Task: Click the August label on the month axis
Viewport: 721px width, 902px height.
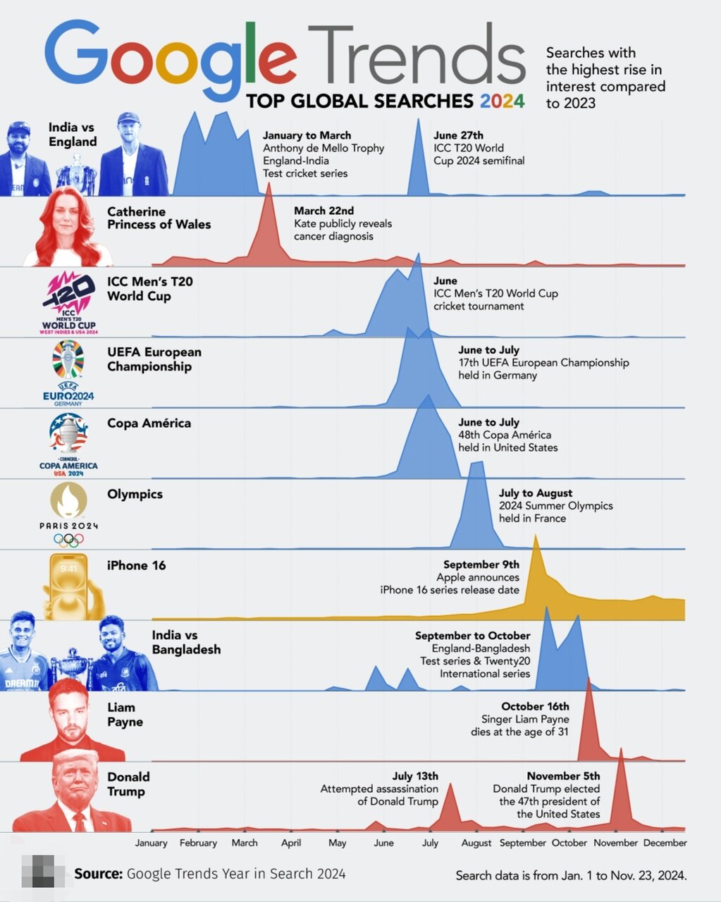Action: (476, 843)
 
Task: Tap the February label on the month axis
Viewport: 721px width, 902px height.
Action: (198, 843)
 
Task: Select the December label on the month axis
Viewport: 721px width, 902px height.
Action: (665, 843)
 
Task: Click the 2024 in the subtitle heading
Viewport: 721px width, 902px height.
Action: (502, 101)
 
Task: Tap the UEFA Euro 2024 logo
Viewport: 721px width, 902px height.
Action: (68, 373)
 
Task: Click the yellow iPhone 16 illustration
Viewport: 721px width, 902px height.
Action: (70, 585)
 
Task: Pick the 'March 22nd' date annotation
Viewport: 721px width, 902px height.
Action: (323, 211)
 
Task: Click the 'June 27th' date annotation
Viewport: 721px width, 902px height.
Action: (458, 135)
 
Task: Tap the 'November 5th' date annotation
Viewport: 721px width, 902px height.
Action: (563, 776)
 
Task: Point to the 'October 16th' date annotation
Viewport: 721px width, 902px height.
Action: (535, 706)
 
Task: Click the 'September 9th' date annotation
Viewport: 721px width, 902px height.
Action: (481, 564)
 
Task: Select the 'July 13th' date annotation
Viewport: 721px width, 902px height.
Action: (415, 776)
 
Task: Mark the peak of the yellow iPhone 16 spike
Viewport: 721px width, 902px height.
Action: (536, 538)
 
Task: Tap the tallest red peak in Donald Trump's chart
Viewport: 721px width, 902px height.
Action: (621, 751)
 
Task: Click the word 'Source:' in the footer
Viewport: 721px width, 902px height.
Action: (99, 874)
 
